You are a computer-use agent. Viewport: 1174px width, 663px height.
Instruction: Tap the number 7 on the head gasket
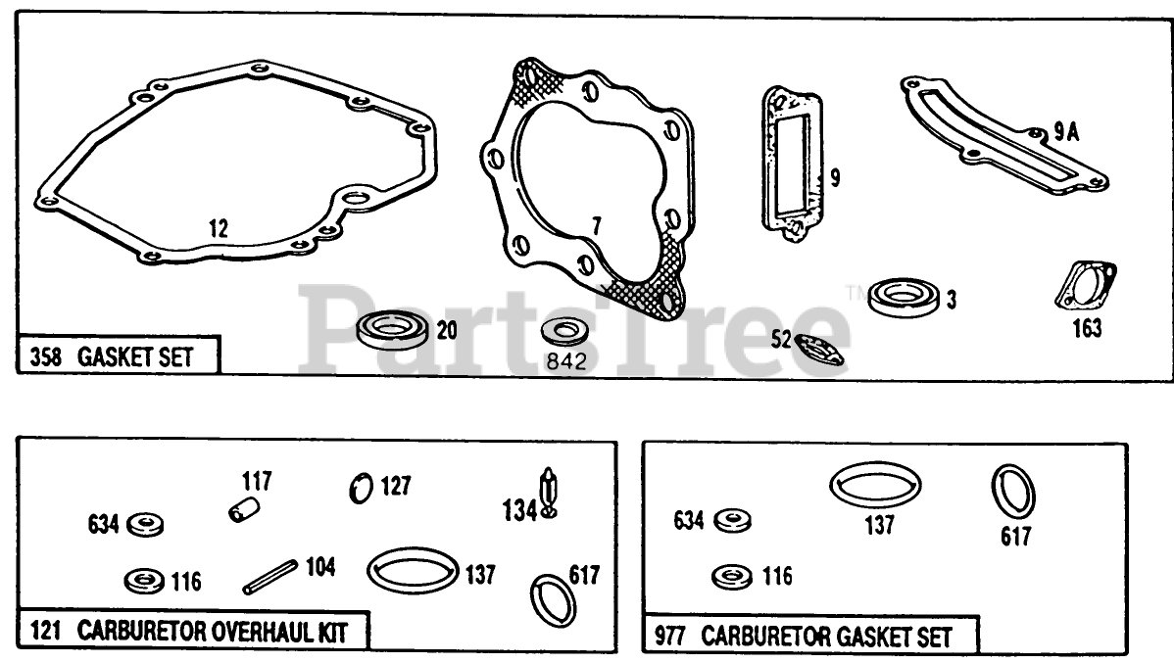(x=595, y=227)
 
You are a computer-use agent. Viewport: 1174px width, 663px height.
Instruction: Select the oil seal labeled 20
(x=392, y=329)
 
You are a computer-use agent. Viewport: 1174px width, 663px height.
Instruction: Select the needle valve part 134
(x=546, y=493)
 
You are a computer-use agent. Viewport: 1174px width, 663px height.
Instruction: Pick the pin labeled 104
(x=269, y=576)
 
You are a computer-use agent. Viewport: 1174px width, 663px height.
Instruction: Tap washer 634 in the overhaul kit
(x=145, y=525)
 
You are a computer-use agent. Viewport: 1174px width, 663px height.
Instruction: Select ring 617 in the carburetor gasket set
(x=1012, y=493)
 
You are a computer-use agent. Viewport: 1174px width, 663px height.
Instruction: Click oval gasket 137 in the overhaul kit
(x=413, y=569)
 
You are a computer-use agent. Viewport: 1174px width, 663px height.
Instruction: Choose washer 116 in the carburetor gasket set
(x=732, y=577)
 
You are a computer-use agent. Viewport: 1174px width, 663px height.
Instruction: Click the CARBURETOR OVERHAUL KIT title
(x=211, y=631)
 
